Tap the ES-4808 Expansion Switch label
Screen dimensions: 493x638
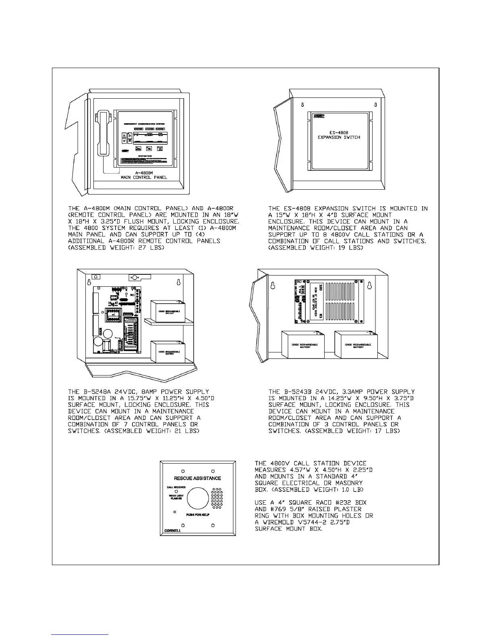click(339, 135)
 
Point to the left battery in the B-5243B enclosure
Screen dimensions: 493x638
click(304, 345)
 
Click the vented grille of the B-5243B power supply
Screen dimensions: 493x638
click(343, 300)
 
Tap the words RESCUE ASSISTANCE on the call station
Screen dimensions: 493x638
click(197, 478)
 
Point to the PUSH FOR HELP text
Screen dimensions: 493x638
click(198, 515)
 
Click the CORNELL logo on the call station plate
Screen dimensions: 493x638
click(172, 530)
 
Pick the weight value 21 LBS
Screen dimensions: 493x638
click(188, 431)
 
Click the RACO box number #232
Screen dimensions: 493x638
click(331, 503)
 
